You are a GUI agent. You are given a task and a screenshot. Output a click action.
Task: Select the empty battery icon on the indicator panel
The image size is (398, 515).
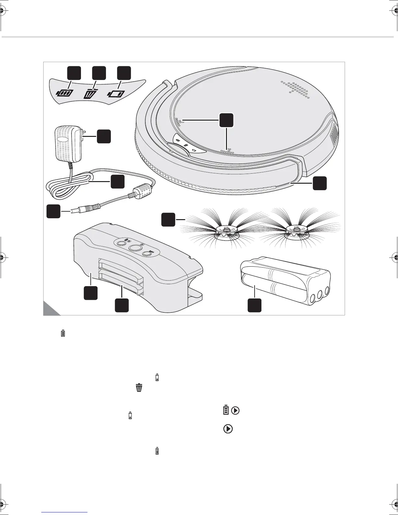click(x=116, y=94)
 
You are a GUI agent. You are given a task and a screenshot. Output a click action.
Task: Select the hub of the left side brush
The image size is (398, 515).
click(x=227, y=231)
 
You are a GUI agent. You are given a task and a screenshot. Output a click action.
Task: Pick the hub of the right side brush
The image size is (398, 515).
click(x=295, y=231)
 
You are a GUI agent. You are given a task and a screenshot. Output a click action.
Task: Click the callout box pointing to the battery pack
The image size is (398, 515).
click(x=255, y=306)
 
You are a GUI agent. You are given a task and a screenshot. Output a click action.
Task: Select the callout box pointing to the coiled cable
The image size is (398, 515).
click(x=117, y=181)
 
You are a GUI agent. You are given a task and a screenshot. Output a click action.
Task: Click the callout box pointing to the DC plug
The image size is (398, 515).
click(x=53, y=211)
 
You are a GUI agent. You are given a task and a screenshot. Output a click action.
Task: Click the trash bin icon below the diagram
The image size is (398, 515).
click(x=139, y=388)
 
